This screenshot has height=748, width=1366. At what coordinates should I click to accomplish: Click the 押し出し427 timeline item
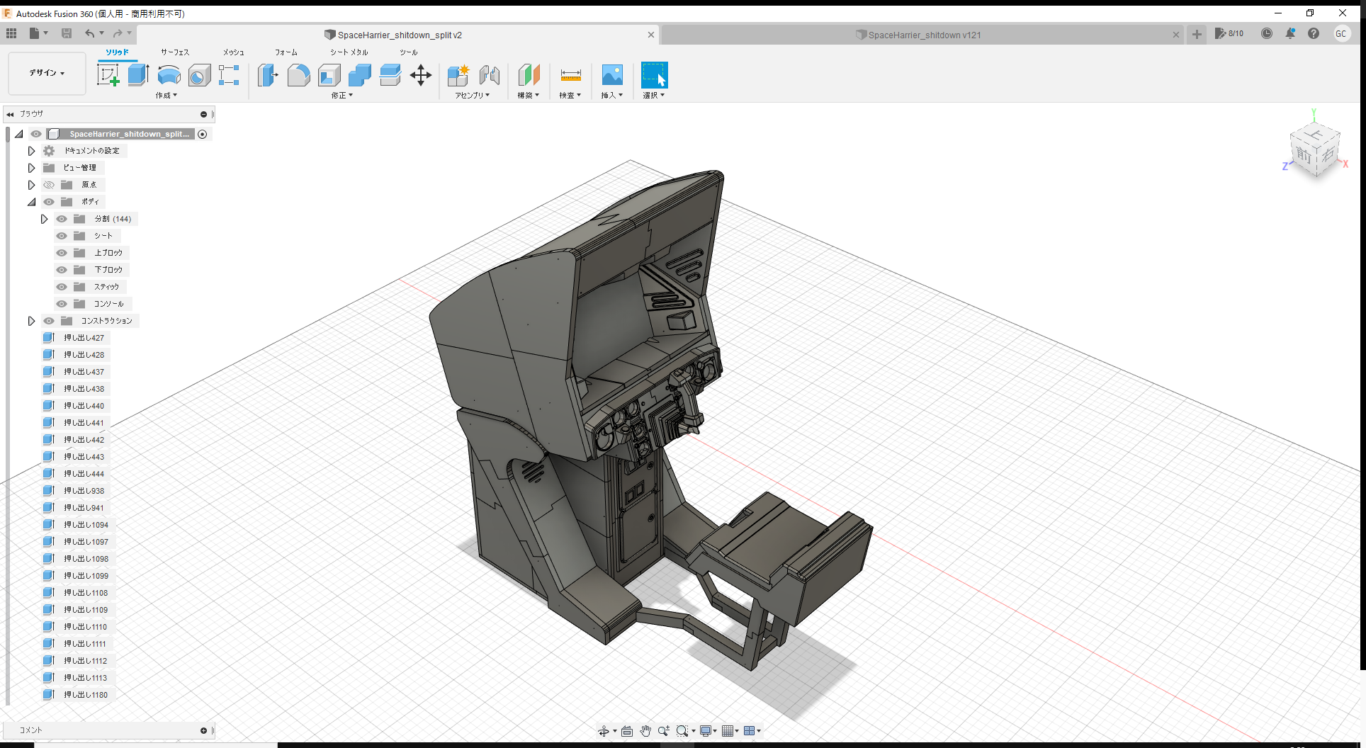click(84, 338)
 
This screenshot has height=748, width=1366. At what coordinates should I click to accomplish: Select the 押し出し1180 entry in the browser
click(85, 695)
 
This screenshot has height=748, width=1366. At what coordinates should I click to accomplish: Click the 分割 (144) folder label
click(113, 219)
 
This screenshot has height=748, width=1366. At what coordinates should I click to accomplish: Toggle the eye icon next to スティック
click(62, 287)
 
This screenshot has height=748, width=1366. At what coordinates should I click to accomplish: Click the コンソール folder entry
click(108, 304)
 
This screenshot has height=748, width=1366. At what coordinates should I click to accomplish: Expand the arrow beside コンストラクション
click(31, 321)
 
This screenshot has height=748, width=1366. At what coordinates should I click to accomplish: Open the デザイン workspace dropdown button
click(47, 73)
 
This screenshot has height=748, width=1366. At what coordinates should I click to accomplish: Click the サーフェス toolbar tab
click(174, 52)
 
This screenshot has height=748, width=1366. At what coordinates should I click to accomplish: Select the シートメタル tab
click(349, 52)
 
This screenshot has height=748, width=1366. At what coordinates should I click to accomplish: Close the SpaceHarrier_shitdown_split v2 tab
click(650, 35)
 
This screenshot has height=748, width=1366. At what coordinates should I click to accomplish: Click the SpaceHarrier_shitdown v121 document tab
click(924, 35)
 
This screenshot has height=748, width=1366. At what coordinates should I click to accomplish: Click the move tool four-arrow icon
click(421, 75)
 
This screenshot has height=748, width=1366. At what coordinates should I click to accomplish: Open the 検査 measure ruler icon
click(570, 75)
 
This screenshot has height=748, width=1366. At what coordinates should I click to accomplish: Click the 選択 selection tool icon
click(654, 75)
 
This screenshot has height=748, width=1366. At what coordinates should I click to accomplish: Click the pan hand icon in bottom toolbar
click(645, 731)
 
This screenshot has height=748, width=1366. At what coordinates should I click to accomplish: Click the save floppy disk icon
click(67, 33)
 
